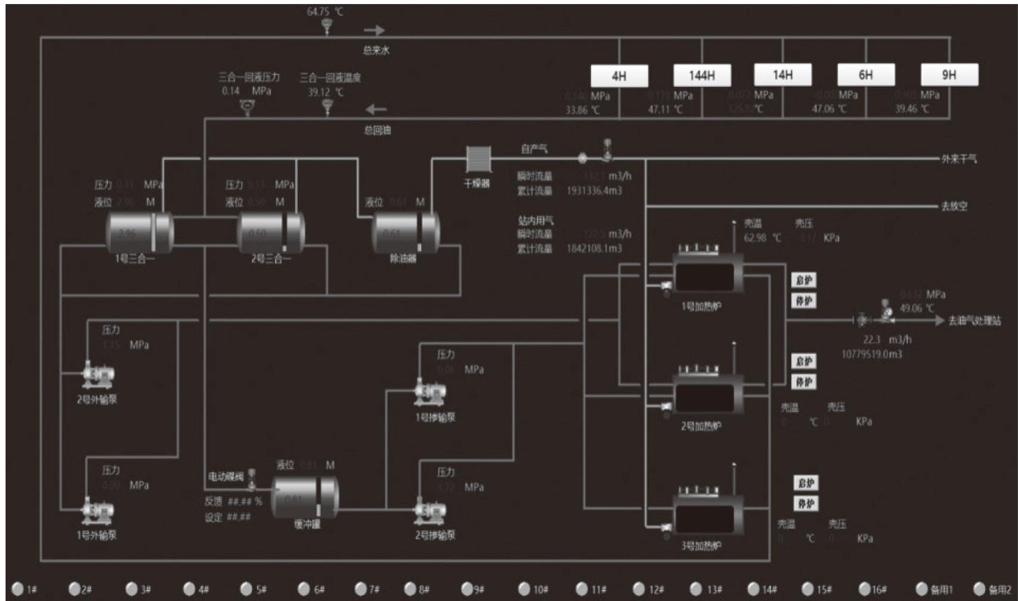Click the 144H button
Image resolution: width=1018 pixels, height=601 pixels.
click(x=701, y=76)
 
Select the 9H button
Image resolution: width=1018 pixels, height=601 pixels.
click(x=949, y=75)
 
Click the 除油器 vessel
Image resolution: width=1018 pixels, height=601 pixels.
click(x=405, y=232)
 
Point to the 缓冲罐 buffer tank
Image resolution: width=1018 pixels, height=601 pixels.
click(x=305, y=496)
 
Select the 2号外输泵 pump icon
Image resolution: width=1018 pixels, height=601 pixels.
click(x=99, y=373)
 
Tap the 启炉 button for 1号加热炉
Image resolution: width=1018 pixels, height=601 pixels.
click(x=805, y=281)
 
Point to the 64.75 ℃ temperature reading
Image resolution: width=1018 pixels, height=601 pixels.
click(x=326, y=12)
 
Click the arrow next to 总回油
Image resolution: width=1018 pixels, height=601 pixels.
click(x=376, y=109)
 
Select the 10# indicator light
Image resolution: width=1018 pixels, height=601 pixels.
click(x=524, y=589)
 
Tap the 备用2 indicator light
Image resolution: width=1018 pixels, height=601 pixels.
click(x=980, y=589)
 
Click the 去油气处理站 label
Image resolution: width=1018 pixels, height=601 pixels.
click(x=974, y=321)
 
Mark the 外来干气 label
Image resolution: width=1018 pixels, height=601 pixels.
click(x=958, y=159)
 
